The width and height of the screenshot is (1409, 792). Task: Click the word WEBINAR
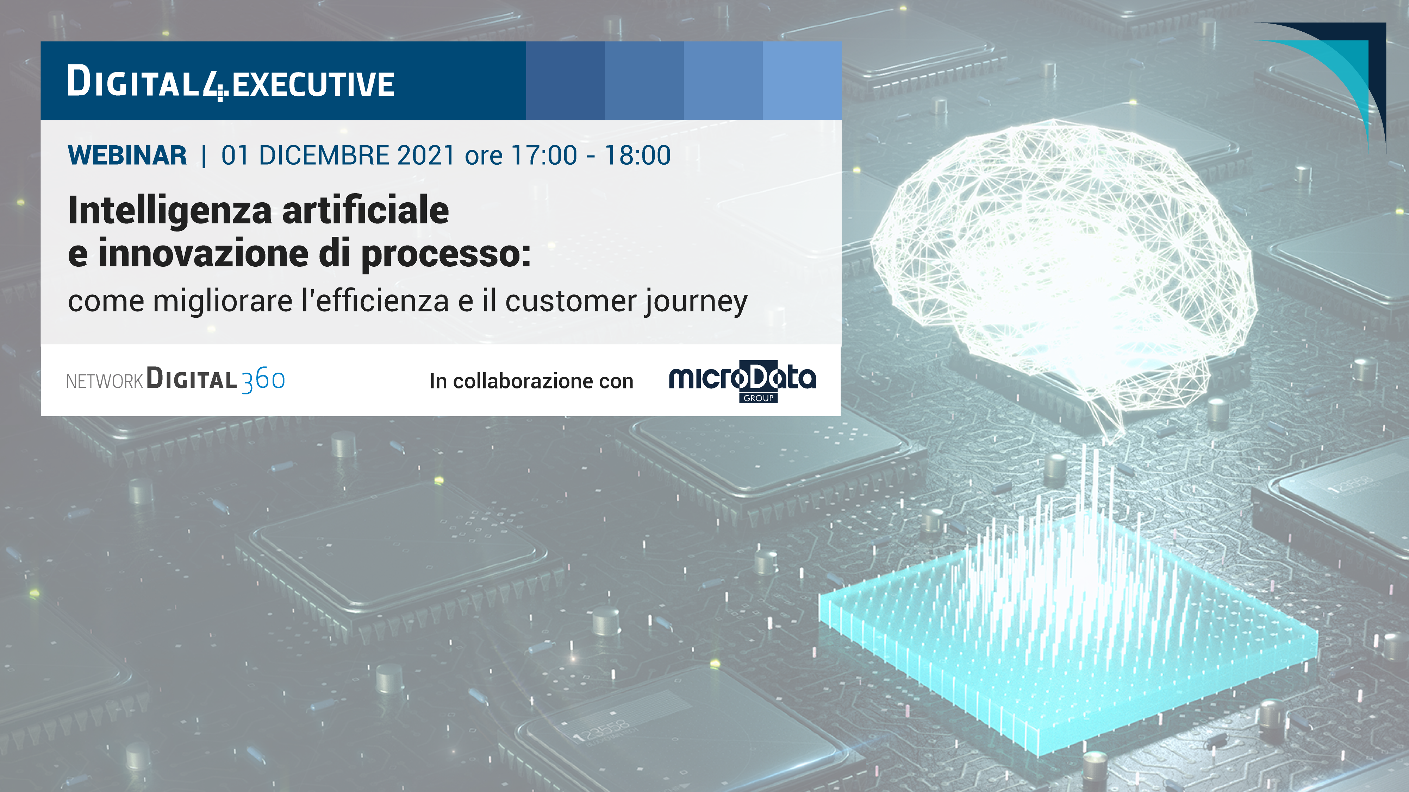pos(127,155)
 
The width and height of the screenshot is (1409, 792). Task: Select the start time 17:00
pos(544,155)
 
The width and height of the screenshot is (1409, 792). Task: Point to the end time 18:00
pos(638,155)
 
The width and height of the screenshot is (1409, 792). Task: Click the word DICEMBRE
pos(324,155)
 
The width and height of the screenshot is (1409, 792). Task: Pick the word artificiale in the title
pos(366,210)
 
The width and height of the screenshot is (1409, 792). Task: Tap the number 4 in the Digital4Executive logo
pos(214,85)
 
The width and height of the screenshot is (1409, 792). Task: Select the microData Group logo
pos(742,381)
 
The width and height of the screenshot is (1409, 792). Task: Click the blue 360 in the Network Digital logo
pos(263,380)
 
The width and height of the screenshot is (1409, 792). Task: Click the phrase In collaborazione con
pos(531,381)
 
